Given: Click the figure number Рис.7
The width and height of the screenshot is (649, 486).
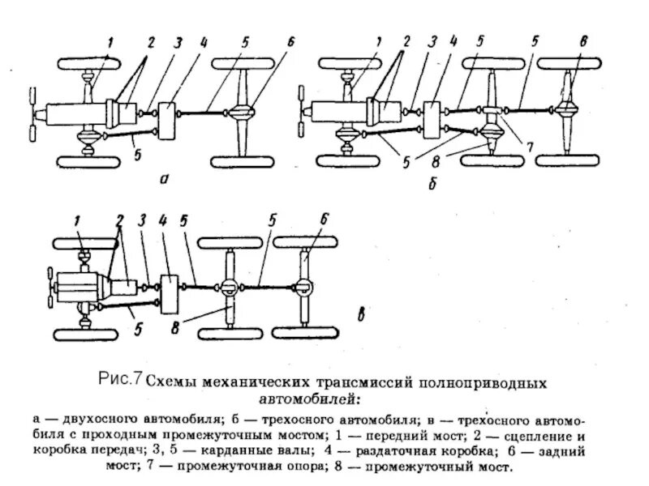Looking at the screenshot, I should (120, 377).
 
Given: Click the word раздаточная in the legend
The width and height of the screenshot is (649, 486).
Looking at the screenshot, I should (421, 450).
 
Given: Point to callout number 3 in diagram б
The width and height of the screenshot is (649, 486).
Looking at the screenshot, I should (433, 41).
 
